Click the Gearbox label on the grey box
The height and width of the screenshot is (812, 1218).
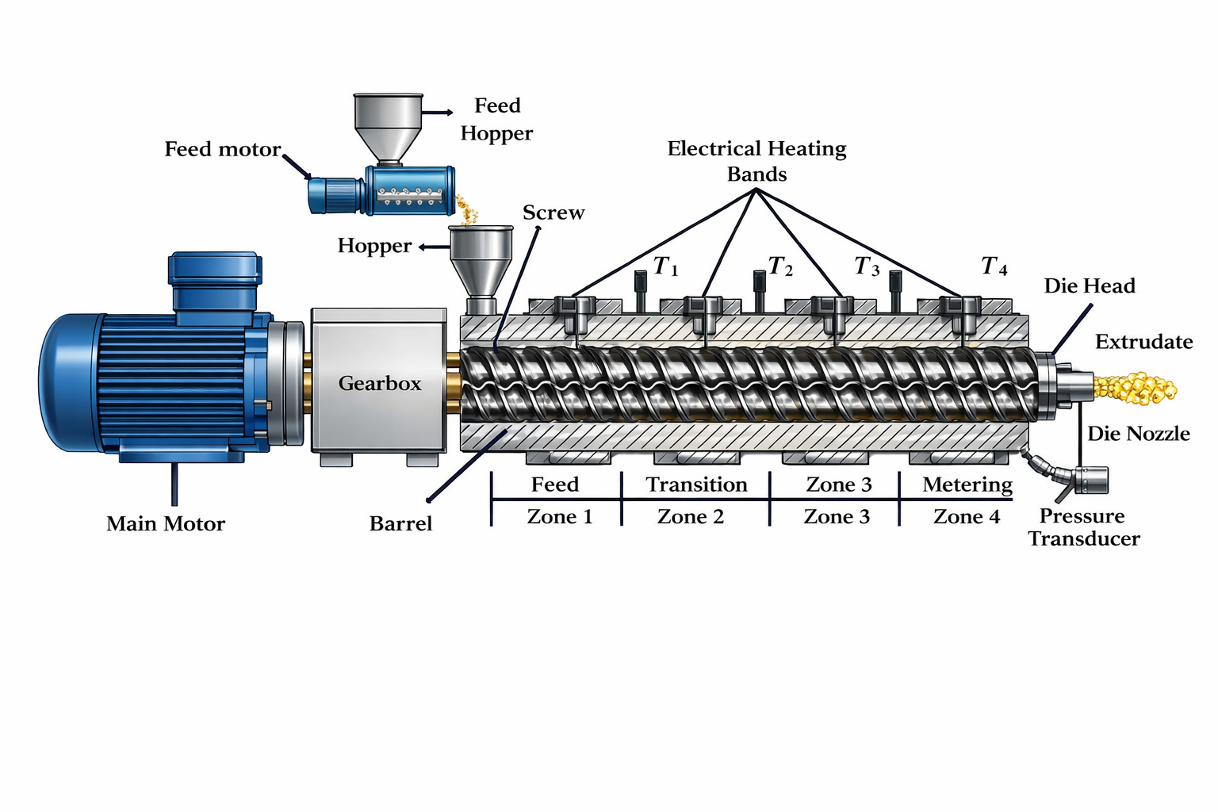(380, 384)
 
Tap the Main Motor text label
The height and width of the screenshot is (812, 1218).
(166, 524)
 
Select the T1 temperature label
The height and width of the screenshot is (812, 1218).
(665, 267)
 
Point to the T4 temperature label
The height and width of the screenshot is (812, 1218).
(994, 266)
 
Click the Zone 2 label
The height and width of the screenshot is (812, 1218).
(691, 517)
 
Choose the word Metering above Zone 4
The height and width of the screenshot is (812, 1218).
(967, 485)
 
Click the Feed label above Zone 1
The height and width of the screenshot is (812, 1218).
(555, 485)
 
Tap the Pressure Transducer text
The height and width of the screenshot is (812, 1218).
(1083, 527)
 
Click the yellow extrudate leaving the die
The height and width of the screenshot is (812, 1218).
(1136, 388)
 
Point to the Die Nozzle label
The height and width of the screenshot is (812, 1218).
(1139, 434)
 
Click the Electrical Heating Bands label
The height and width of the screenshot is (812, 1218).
(756, 161)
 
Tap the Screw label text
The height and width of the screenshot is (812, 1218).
(553, 213)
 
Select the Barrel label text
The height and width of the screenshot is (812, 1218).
(400, 524)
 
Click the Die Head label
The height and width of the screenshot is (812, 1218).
(1090, 286)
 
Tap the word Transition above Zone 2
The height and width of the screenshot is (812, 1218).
(696, 485)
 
